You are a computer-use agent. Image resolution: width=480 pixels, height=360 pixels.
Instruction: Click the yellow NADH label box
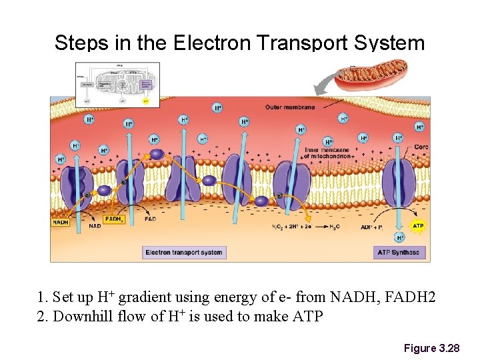coord(60,223)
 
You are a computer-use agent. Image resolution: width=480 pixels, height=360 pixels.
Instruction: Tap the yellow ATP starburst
coord(418,226)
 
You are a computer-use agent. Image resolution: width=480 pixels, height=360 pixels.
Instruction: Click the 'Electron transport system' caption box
coord(184,252)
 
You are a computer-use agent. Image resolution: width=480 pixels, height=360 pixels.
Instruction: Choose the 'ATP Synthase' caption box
coord(399,252)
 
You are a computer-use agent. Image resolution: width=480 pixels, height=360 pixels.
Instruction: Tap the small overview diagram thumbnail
coord(118,85)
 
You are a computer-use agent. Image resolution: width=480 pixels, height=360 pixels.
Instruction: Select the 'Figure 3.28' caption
coord(431,348)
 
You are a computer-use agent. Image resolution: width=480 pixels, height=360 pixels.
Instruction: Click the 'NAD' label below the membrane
coord(95,226)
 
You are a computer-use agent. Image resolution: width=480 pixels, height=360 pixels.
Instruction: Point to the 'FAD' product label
coord(151,219)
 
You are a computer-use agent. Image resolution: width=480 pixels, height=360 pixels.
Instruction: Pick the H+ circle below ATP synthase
coord(400,237)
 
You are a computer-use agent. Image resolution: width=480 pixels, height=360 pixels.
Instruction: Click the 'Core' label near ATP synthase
coord(421,147)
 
